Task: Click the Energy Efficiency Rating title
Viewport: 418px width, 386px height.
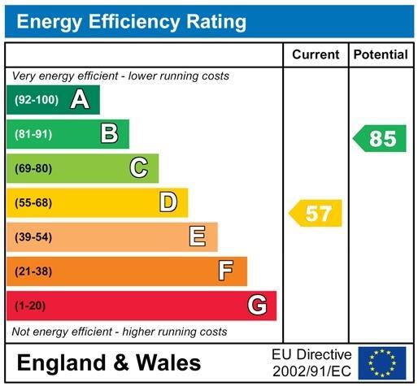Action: tap(131, 21)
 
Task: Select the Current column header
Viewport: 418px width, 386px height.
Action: tap(316, 55)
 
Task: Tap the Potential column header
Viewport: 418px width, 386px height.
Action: tap(381, 55)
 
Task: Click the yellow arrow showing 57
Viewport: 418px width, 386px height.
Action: tap(316, 214)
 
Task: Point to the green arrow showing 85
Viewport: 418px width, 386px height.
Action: tap(380, 138)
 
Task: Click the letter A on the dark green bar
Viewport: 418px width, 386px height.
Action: tap(79, 100)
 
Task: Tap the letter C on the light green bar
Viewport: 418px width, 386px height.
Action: tap(139, 168)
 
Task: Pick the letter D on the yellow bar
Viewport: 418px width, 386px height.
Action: tap(168, 202)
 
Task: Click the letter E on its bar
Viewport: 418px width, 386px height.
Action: tap(197, 236)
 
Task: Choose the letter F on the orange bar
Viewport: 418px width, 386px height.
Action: tap(226, 271)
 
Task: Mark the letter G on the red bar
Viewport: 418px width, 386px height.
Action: tap(257, 306)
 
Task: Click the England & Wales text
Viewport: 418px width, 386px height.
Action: tap(108, 362)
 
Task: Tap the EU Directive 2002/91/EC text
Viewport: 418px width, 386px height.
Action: tap(311, 362)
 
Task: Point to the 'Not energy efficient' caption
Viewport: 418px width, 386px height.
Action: tap(120, 332)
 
